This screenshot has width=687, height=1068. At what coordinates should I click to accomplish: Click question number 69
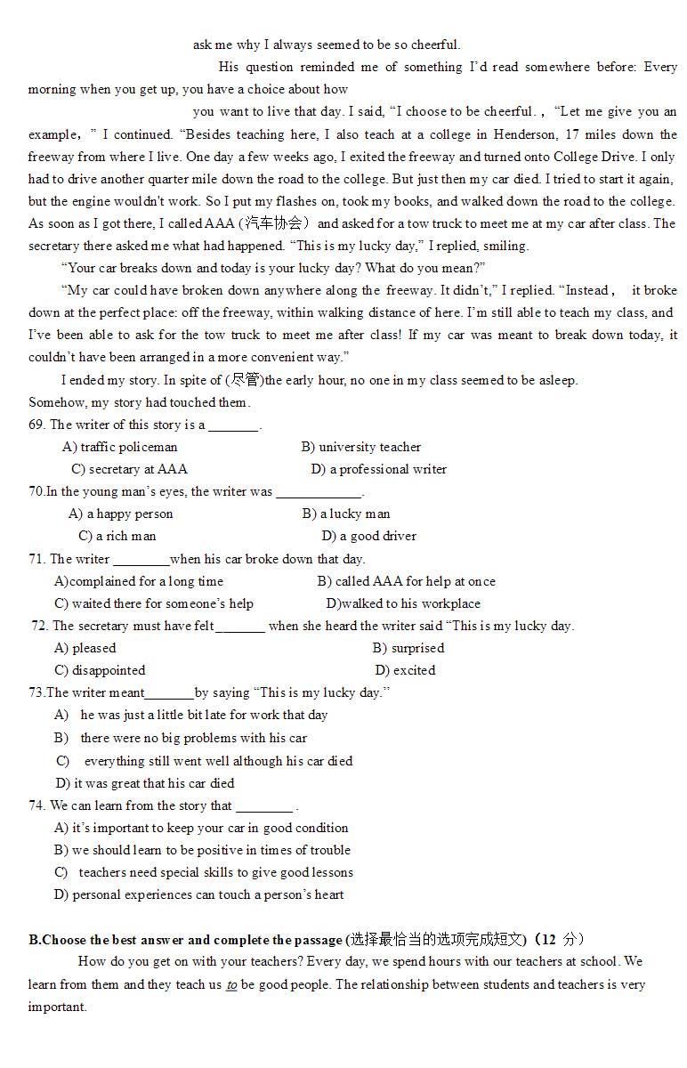tap(36, 425)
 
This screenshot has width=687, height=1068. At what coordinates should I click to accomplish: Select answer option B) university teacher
tap(360, 447)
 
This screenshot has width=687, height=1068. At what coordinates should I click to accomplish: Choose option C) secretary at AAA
tap(129, 469)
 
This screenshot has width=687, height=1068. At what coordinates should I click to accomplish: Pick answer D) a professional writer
tap(378, 469)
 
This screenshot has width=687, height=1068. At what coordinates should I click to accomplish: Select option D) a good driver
tap(368, 536)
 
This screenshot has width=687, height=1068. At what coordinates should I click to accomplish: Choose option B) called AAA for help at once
tap(406, 581)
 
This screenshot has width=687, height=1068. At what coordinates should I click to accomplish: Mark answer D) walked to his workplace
tap(403, 603)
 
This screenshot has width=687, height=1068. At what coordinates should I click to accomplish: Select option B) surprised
tap(408, 648)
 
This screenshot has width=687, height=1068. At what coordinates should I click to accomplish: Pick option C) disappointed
tap(100, 670)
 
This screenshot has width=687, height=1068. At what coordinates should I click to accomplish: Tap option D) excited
tap(405, 670)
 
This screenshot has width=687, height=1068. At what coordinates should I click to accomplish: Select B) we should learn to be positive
tap(202, 850)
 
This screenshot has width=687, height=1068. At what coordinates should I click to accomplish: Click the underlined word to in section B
tap(231, 984)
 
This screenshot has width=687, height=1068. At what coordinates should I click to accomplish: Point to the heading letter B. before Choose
tap(34, 940)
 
